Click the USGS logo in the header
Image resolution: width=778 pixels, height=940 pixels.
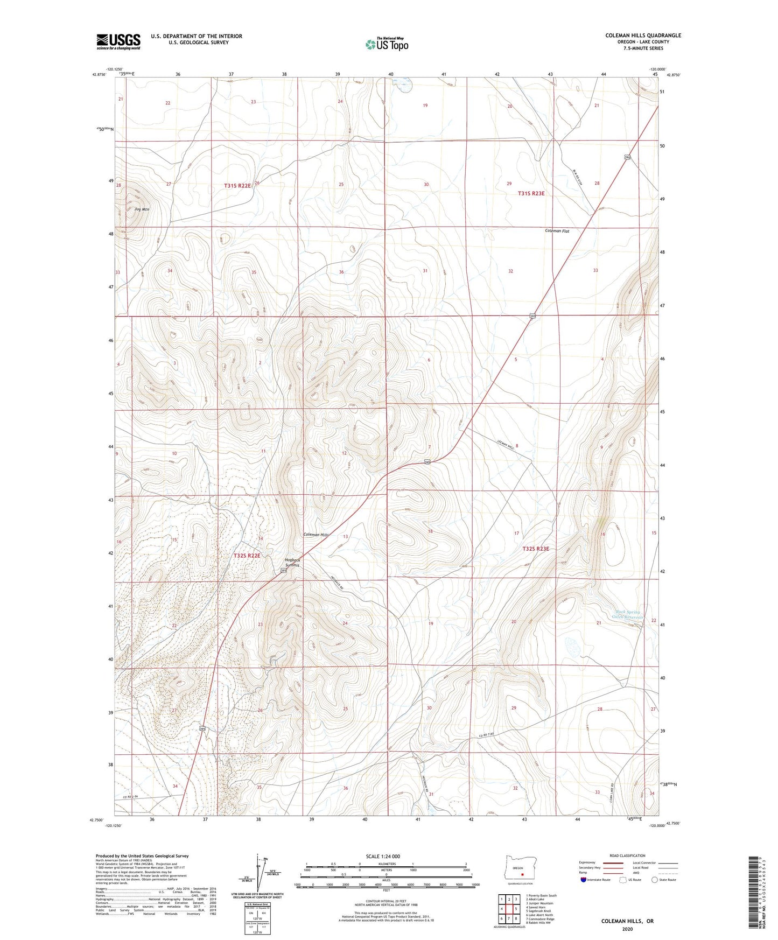118,41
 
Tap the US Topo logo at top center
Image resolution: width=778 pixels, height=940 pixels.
387,44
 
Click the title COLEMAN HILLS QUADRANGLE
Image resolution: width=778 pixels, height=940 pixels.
643,36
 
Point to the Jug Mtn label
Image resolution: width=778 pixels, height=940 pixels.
142,209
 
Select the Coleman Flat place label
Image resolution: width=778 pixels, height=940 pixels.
557,231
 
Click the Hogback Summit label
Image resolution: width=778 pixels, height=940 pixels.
292,563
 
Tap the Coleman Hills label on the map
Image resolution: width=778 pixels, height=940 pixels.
316,535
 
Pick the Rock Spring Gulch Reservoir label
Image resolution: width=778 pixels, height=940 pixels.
628,614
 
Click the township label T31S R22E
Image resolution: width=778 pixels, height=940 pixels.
237,185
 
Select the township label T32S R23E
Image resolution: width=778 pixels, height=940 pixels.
536,549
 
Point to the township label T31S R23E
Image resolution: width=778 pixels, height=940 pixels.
531,193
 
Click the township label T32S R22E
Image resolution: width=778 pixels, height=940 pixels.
247,555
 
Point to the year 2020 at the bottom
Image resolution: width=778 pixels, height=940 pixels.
627,929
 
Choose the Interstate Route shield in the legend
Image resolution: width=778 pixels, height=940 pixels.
584,880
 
